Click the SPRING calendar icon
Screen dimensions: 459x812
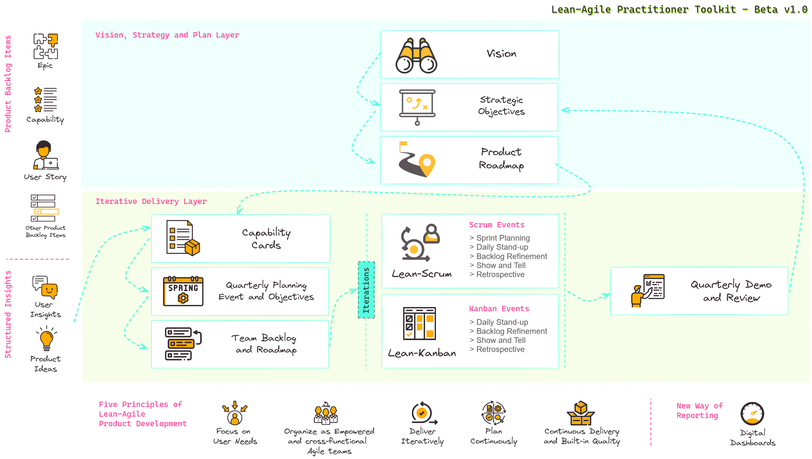pyautogui.click(x=183, y=291)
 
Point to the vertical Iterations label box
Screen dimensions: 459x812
pyautogui.click(x=366, y=290)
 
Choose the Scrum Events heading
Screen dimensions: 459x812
pyautogui.click(x=496, y=225)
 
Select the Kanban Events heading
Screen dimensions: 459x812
pyautogui.click(x=499, y=309)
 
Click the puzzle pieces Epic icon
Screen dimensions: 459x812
pyautogui.click(x=46, y=46)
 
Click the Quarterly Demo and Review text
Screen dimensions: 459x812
pyautogui.click(x=731, y=291)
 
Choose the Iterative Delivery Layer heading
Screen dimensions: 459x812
pyautogui.click(x=151, y=201)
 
